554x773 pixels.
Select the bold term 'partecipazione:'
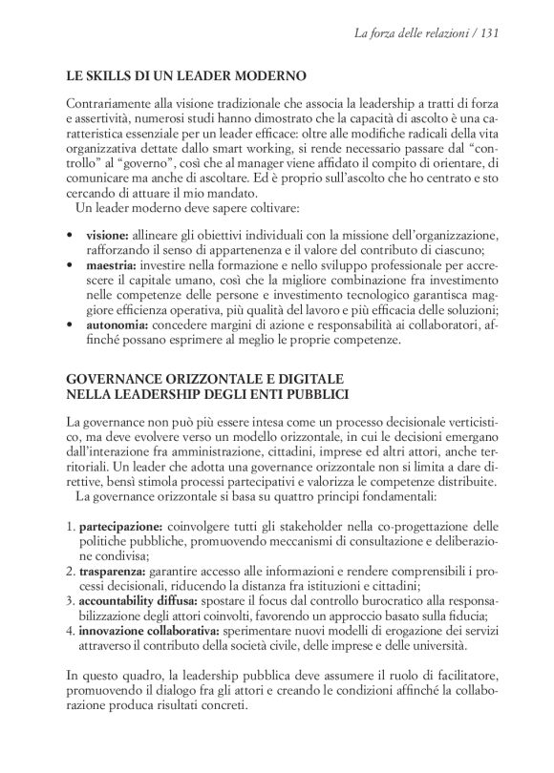pyautogui.click(x=121, y=525)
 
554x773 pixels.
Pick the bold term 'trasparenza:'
pyautogui.click(x=113, y=571)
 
